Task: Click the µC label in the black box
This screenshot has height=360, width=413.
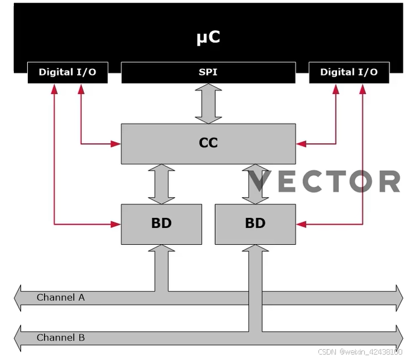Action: [208, 37]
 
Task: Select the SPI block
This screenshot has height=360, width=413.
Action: [208, 72]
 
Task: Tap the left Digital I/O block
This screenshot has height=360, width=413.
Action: [68, 72]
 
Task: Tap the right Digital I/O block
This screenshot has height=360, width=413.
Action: [349, 72]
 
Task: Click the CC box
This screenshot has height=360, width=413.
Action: [208, 144]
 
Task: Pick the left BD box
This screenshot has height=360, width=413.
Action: [161, 224]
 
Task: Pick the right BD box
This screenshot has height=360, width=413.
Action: [255, 224]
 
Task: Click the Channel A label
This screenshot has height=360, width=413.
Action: [61, 297]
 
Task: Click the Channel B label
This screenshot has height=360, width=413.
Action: [61, 338]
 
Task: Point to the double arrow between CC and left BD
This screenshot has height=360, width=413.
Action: [161, 184]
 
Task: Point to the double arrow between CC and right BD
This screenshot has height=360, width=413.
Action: [255, 184]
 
